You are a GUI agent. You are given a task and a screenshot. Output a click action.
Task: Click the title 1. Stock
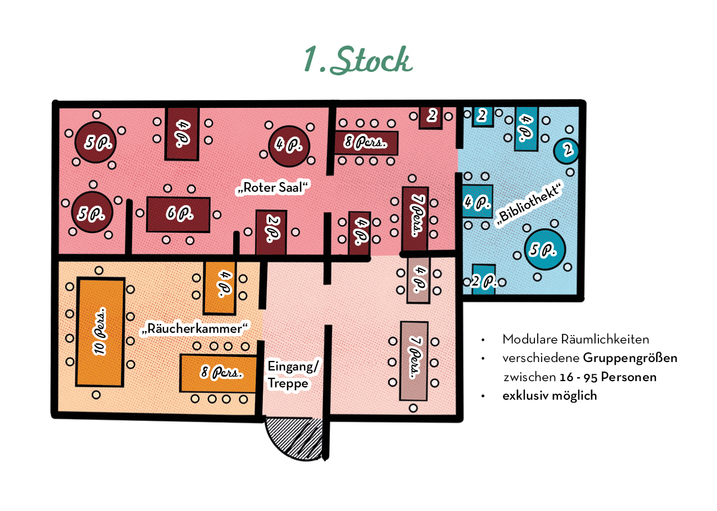pos(358,60)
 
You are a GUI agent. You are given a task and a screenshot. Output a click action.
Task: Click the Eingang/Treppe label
pos(293,375)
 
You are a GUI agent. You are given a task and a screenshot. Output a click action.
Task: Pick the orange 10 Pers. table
pos(100,332)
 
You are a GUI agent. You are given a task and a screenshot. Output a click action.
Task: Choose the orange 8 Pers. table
pos(218,373)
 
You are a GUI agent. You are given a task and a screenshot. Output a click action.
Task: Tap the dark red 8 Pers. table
pos(366,143)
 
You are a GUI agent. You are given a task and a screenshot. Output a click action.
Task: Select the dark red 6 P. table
pos(178,214)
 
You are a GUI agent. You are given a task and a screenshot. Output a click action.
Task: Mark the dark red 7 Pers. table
pos(415,219)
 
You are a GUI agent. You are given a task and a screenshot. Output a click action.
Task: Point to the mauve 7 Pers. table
pos(414,361)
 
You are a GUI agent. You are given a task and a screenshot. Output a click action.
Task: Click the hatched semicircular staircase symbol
pos(293,437)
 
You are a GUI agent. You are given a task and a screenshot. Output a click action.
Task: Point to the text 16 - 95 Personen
pos(608,377)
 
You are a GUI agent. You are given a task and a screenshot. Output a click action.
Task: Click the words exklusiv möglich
pos(550,395)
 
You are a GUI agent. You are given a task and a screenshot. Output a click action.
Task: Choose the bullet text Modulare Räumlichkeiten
pos(575,340)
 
